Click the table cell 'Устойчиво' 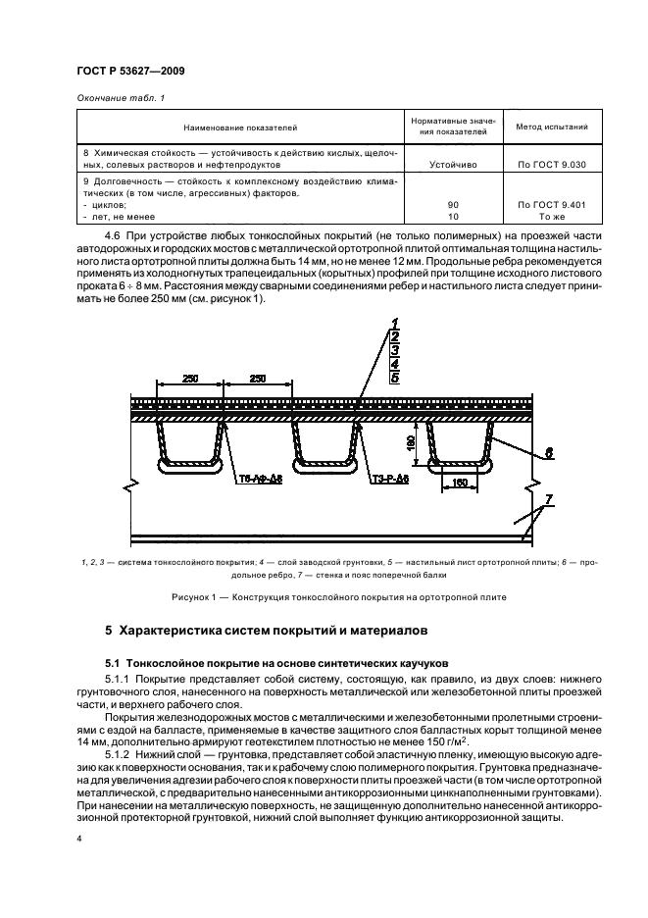pyautogui.click(x=453, y=165)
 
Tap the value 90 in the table pyautogui.click(x=453, y=204)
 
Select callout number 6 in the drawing pyautogui.click(x=550, y=453)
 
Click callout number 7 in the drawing pyautogui.click(x=550, y=500)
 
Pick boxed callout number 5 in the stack pyautogui.click(x=394, y=376)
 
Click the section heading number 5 pyautogui.click(x=109, y=628)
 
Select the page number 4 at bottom pyautogui.click(x=79, y=839)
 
